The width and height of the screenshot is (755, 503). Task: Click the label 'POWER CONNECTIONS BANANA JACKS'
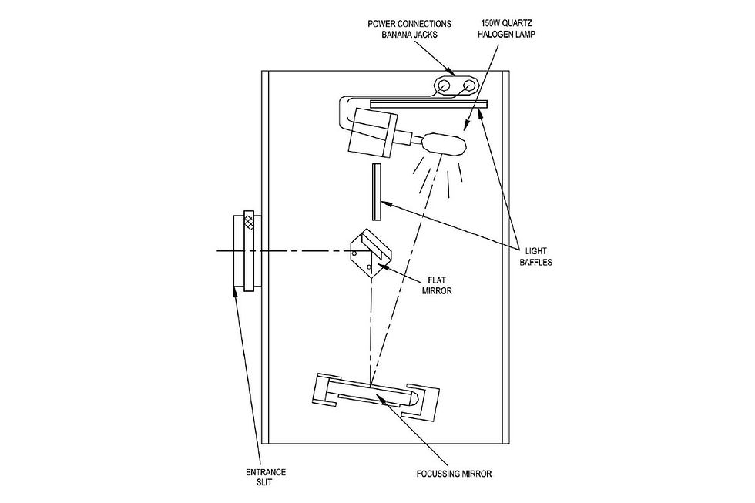point(410,29)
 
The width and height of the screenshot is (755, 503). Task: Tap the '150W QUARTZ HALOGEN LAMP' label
point(506,29)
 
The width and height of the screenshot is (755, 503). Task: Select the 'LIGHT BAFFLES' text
point(535,257)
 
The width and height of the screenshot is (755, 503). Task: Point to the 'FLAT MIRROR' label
point(437,285)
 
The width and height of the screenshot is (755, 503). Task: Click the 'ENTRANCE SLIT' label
point(265,477)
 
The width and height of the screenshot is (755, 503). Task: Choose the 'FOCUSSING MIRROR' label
point(454,474)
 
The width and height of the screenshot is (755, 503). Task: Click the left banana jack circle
point(443,86)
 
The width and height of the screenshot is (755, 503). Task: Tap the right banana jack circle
point(468,86)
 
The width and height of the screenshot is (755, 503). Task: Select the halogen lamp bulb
point(444,144)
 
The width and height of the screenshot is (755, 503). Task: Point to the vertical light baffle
point(377,192)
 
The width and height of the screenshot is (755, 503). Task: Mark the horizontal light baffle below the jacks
point(428,103)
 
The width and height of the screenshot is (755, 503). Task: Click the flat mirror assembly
point(371,254)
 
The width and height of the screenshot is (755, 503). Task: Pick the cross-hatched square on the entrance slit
point(249,221)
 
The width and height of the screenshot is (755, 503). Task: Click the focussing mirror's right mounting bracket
point(422,401)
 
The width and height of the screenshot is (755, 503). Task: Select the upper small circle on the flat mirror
point(355,252)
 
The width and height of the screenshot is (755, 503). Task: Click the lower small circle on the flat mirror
point(369,267)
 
